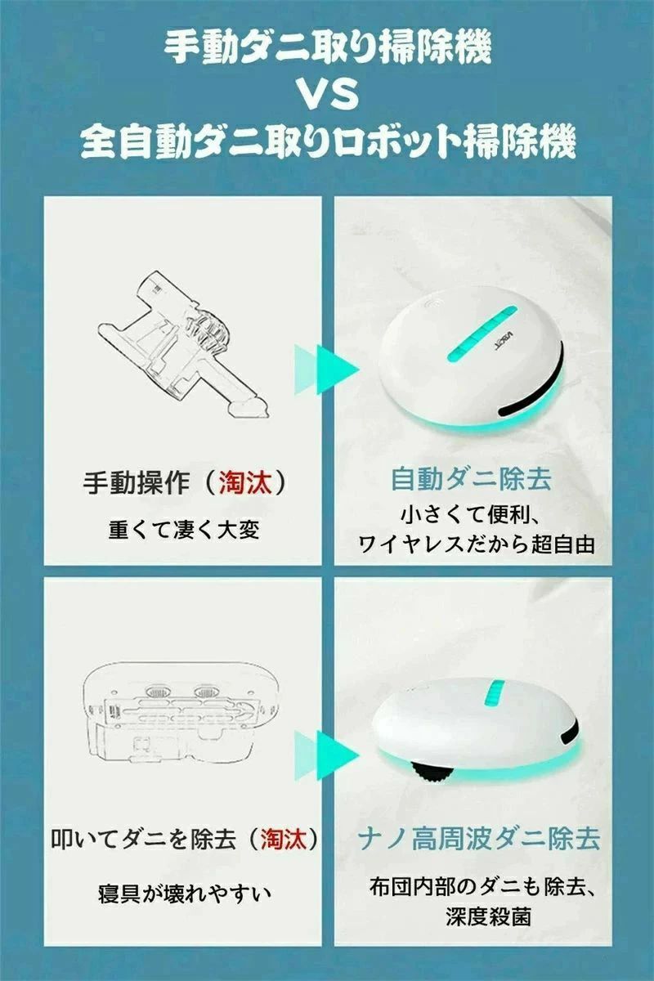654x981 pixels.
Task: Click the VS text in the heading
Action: coord(328,95)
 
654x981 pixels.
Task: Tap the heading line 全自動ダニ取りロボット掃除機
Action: coord(328,141)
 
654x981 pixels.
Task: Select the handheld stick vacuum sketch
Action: coord(184,344)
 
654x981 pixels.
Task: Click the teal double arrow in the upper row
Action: coord(326,370)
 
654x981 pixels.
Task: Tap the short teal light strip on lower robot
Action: coord(495,692)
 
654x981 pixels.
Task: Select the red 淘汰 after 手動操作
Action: coord(244,483)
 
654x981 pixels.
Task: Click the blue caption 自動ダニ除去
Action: coord(470,479)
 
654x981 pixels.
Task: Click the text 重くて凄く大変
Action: coord(184,530)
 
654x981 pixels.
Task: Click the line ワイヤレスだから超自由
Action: coord(476,544)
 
